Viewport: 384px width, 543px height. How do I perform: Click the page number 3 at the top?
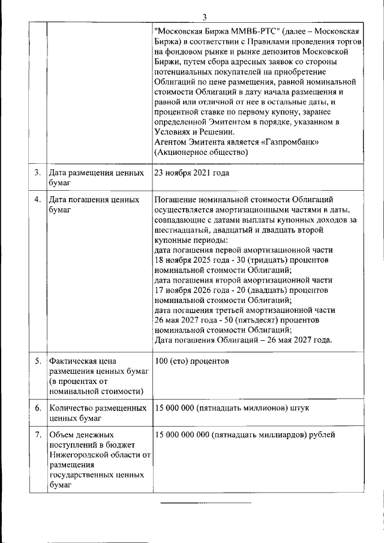(x=204, y=16)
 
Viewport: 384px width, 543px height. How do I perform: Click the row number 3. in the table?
(x=37, y=173)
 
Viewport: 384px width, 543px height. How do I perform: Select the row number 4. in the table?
(x=37, y=199)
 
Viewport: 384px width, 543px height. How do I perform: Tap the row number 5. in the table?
(x=37, y=361)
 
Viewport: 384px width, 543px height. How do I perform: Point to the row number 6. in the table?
(x=37, y=408)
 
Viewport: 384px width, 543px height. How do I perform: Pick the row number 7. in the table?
(x=37, y=434)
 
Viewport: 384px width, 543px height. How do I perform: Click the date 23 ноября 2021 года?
(x=191, y=173)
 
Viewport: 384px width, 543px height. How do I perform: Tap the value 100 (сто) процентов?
(x=191, y=361)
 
